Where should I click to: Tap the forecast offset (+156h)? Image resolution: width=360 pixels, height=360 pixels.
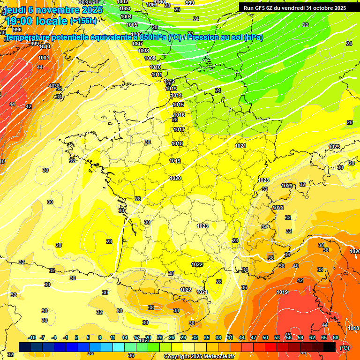[83, 21]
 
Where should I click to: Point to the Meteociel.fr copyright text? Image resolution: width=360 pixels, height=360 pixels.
[199, 357]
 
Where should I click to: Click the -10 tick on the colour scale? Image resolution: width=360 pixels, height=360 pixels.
[31, 337]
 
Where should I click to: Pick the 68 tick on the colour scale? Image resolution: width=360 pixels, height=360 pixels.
[336, 337]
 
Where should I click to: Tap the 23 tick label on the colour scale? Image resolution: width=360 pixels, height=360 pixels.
[159, 337]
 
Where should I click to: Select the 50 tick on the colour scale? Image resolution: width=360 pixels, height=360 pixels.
[265, 337]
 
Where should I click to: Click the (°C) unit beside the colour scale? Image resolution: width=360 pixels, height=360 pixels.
[345, 348]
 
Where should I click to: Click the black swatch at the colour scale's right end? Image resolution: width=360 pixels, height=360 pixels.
[330, 347]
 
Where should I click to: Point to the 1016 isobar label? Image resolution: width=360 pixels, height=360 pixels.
[179, 115]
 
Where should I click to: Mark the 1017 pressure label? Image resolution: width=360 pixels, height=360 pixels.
[179, 129]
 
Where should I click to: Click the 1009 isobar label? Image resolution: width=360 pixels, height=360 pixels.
[150, 58]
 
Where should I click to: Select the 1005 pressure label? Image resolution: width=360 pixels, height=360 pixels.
[132, 25]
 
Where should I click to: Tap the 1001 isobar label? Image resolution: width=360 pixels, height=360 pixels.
[44, 58]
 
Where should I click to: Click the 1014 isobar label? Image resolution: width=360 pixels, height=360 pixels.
[176, 95]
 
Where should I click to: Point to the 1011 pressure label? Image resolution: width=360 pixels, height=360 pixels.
[157, 75]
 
